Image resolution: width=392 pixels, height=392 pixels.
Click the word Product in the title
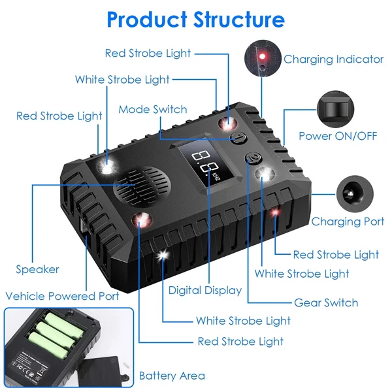coord(146,19)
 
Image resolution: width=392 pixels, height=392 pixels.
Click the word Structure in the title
coord(239,19)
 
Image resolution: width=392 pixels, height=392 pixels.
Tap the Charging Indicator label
coord(333,59)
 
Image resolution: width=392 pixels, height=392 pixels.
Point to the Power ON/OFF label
coord(338,136)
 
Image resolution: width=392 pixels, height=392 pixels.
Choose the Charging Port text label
coord(348,221)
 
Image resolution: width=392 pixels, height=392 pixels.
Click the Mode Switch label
coord(152,109)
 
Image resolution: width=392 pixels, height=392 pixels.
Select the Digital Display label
coord(204,290)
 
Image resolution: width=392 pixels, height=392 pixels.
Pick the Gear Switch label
coord(326,302)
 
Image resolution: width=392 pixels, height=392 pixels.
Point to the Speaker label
coord(38,269)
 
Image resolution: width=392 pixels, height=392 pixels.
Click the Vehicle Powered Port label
coord(62,296)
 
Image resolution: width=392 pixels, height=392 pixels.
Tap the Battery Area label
coord(172,376)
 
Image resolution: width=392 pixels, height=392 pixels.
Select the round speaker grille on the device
coord(138,185)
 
